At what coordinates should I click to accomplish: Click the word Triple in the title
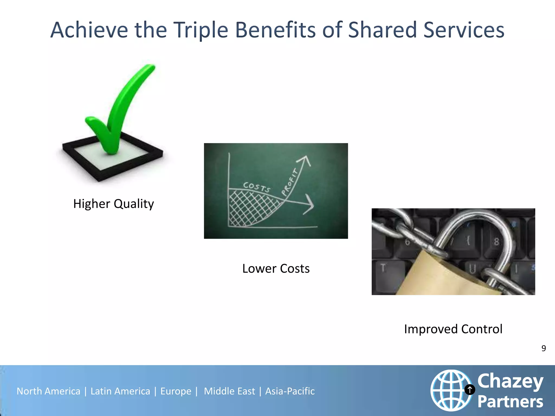pyautogui.click(x=201, y=30)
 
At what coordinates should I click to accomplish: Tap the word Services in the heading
pyautogui.click(x=464, y=30)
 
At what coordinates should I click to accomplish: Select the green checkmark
pyautogui.click(x=119, y=108)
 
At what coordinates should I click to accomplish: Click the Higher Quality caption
pyautogui.click(x=114, y=204)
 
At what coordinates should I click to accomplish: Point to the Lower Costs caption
pyautogui.click(x=276, y=269)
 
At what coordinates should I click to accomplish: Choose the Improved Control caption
pyautogui.click(x=453, y=329)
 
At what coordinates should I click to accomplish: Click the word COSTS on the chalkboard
pyautogui.click(x=256, y=187)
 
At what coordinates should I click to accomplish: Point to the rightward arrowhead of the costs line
pyautogui.click(x=310, y=204)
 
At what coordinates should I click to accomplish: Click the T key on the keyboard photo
pyautogui.click(x=383, y=268)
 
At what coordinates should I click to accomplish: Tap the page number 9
pyautogui.click(x=543, y=348)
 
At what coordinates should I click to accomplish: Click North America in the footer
pyautogui.click(x=49, y=391)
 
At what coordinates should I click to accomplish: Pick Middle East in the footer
pyautogui.click(x=229, y=391)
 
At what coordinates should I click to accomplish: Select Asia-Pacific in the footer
pyautogui.click(x=290, y=391)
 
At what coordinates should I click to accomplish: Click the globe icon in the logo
pyautogui.click(x=450, y=390)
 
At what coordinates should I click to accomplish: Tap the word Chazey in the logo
pyautogui.click(x=510, y=381)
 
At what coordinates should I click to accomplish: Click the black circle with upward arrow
pyautogui.click(x=470, y=390)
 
